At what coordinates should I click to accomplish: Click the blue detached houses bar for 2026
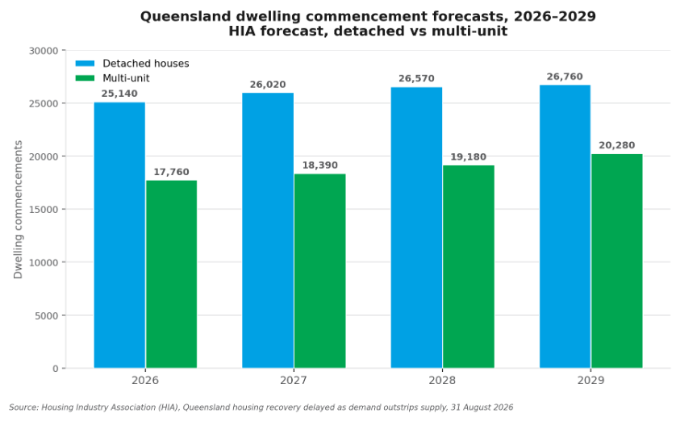click(119, 235)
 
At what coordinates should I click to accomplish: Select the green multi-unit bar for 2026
click(172, 274)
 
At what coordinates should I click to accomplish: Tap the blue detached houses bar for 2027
click(268, 231)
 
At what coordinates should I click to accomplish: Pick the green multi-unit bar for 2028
click(469, 267)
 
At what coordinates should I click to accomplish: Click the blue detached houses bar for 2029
click(565, 227)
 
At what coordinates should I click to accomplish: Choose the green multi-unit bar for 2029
click(617, 261)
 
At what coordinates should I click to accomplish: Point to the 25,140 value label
click(119, 94)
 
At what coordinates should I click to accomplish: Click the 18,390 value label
click(320, 165)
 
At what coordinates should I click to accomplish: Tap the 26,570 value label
click(416, 78)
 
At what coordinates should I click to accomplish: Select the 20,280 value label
click(617, 145)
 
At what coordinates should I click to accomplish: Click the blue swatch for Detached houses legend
click(85, 64)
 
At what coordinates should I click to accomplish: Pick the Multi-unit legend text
click(126, 78)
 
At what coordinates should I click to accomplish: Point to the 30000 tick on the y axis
click(44, 51)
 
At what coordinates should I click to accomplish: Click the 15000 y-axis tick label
click(44, 210)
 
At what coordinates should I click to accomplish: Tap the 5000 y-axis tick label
click(46, 315)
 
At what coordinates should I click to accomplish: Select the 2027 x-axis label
click(294, 380)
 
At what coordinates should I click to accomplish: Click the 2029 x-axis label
click(590, 380)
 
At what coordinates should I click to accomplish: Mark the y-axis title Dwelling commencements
click(18, 210)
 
